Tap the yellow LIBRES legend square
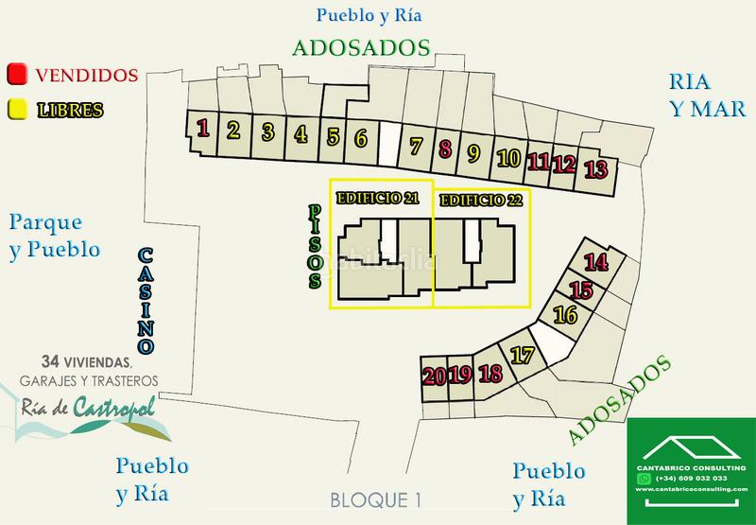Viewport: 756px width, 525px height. pos(16,109)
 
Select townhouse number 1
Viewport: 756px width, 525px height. pos(201,128)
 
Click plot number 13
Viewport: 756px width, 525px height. pos(595,170)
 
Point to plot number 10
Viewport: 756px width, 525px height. pos(508,158)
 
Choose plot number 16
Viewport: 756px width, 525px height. pos(565,315)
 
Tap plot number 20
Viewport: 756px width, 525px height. pos(435,375)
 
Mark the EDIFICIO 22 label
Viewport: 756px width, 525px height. pos(480,201)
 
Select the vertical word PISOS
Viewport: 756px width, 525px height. pos(315,249)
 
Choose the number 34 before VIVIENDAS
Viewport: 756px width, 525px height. pos(52,362)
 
